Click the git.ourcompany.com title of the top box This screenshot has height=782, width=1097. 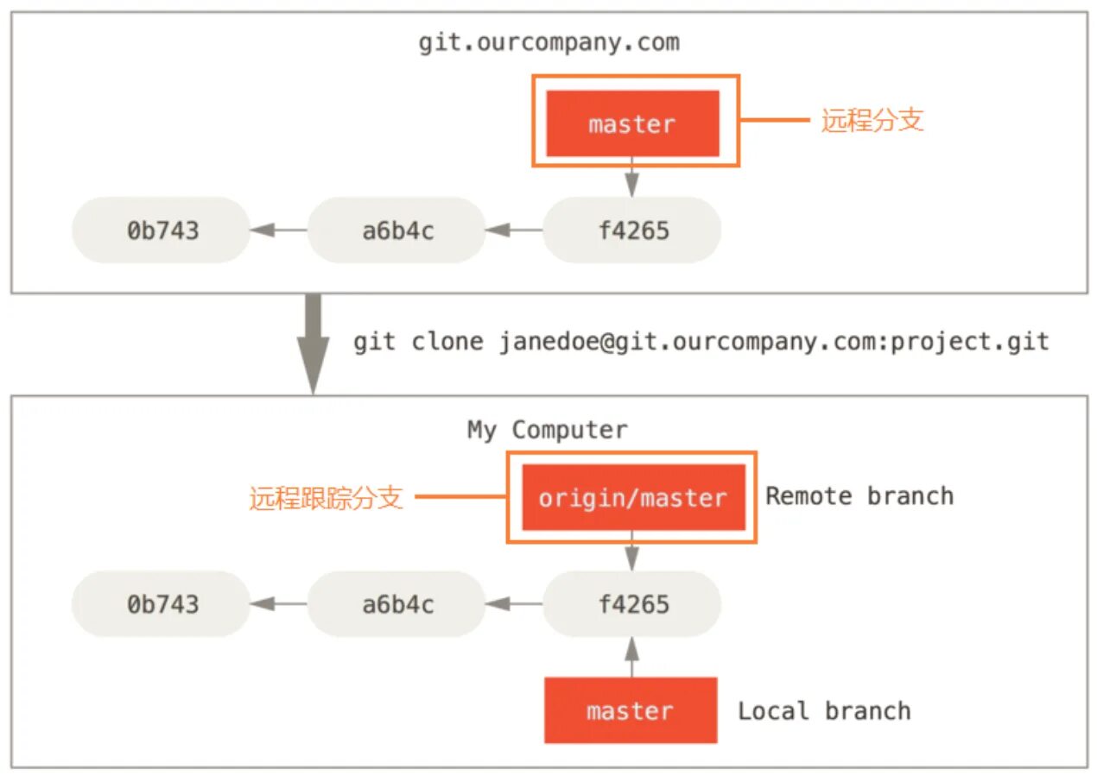coord(548,42)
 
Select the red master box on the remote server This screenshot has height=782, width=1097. coord(632,123)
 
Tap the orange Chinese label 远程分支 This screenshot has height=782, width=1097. coord(872,120)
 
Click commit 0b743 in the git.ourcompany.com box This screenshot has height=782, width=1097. coord(162,230)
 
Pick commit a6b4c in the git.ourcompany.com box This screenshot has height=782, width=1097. coord(397,230)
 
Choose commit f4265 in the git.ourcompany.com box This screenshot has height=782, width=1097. coord(632,230)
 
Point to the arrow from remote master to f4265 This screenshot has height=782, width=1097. coord(632,178)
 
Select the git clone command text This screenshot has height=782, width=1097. coord(701,342)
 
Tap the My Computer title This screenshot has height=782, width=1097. coord(548,429)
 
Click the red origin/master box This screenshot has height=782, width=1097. coord(632,497)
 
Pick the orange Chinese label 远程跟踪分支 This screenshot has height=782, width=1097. coord(326,498)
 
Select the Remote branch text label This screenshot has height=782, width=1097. coord(859,495)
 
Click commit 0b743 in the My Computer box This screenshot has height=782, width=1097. coord(162,604)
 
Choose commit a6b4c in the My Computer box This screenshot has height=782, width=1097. coord(397,604)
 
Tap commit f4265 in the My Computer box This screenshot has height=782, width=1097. coord(632,604)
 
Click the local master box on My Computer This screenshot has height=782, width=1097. coord(631,710)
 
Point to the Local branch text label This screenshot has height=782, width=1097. coord(824,710)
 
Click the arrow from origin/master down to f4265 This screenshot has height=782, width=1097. coord(632,552)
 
